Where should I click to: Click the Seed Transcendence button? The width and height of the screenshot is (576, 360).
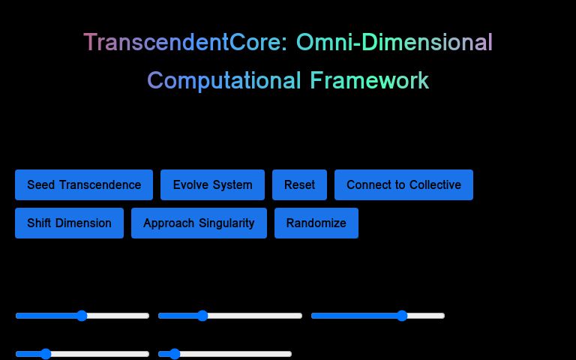point(84,184)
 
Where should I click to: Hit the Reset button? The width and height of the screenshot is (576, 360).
point(299,184)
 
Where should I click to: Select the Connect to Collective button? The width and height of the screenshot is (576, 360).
point(403,184)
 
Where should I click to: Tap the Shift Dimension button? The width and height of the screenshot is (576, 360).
point(69,223)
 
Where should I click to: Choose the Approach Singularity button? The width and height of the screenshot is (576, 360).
point(199,223)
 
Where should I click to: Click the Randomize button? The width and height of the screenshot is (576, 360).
point(316,223)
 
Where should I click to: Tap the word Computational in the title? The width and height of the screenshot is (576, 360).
point(224,80)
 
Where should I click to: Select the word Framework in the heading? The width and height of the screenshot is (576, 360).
point(370,80)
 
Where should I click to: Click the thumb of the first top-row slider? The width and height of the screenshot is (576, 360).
point(82,316)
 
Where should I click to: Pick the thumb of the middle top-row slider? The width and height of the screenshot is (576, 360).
point(202,316)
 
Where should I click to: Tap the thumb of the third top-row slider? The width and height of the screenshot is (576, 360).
point(401,316)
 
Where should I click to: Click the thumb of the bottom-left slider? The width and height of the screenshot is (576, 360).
point(45,354)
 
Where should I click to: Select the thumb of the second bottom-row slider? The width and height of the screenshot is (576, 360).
point(175,354)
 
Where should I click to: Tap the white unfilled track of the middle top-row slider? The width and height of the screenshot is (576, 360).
point(255,316)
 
